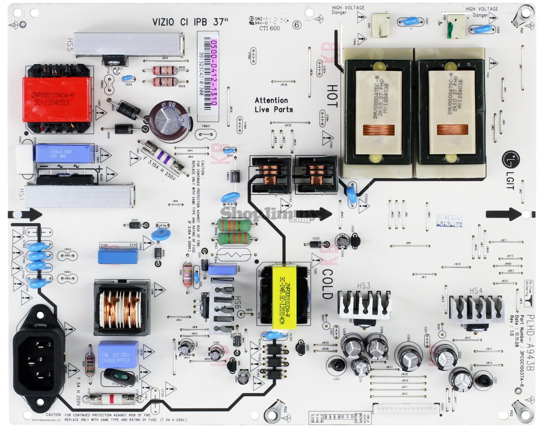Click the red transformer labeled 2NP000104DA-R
coord(57,99)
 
